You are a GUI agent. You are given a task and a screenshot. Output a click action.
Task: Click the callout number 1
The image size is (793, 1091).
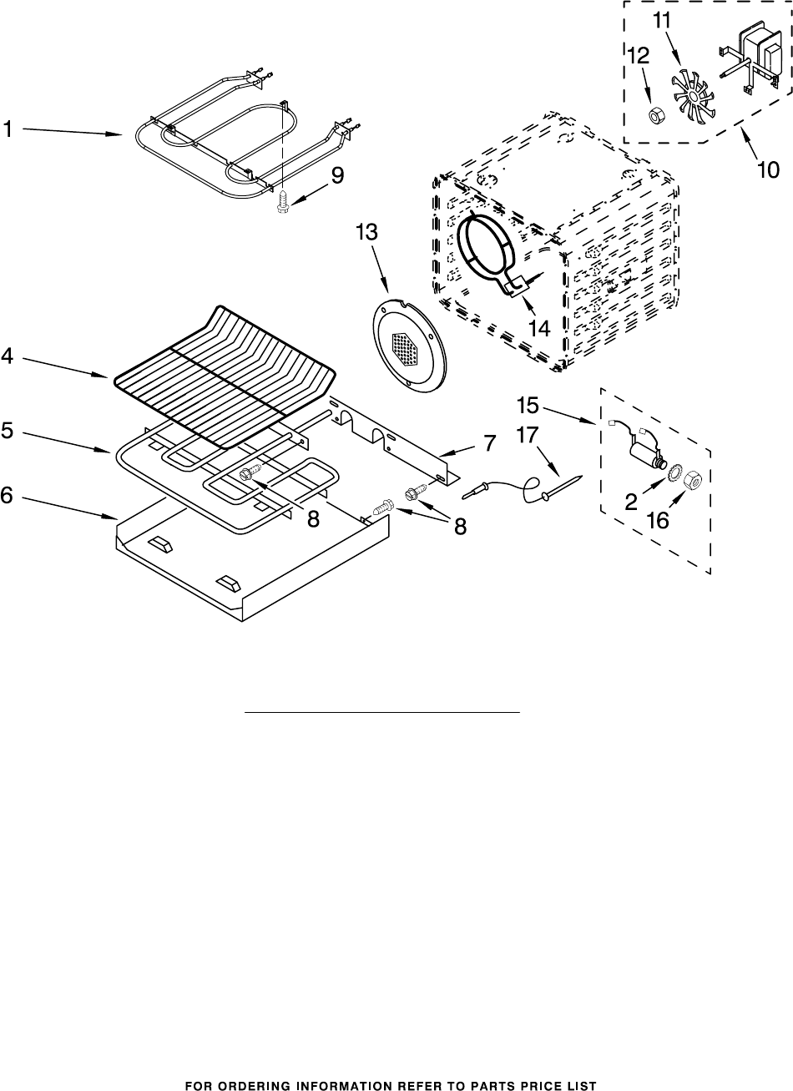click(x=8, y=129)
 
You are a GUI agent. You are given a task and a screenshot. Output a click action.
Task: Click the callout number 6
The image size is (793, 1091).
click(x=8, y=495)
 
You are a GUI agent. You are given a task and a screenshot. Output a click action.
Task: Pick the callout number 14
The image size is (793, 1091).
click(x=538, y=329)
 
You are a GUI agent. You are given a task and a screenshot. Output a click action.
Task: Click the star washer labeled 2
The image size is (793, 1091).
click(x=667, y=475)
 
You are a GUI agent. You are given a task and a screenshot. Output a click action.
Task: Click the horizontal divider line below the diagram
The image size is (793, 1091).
click(x=381, y=713)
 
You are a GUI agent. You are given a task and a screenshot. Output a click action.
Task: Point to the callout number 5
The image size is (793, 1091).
click(x=8, y=432)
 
